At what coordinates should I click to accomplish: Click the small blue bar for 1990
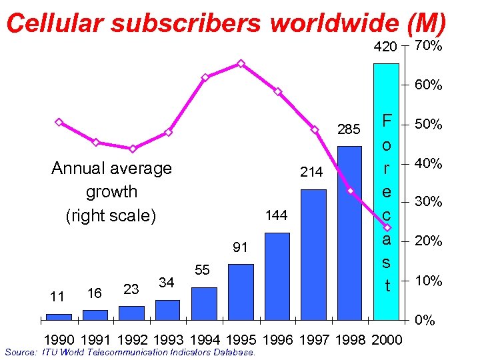pos(59,316)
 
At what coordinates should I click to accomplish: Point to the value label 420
pos(384,47)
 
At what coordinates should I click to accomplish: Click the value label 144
pos(276,216)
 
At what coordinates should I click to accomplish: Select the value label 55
pos(203,270)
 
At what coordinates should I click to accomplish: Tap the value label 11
pos(57,295)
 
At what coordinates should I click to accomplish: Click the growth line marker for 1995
pos(241,64)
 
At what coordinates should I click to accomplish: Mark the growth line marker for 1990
pos(59,123)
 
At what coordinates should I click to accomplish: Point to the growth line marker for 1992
pos(133,149)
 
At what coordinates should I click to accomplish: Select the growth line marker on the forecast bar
pos(387,227)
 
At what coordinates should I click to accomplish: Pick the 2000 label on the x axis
pos(387,340)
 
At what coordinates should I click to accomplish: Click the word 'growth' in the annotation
pos(111,192)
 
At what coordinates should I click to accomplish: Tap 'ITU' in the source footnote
pos(49,352)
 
